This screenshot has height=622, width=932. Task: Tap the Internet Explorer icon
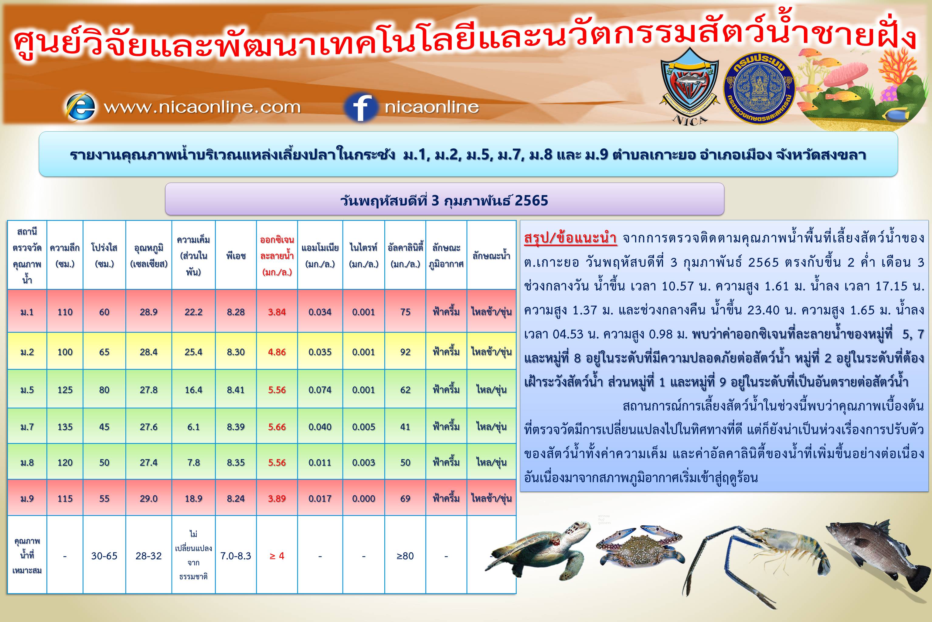(x=80, y=107)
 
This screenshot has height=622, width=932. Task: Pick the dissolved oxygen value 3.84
(x=277, y=312)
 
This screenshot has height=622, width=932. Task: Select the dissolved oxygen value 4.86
(x=277, y=352)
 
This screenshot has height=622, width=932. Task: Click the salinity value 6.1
(x=193, y=427)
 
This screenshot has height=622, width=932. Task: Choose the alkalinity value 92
(x=405, y=352)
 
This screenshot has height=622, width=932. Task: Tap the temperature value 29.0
(x=148, y=499)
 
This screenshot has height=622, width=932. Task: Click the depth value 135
(x=65, y=427)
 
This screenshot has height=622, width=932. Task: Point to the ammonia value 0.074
(x=320, y=390)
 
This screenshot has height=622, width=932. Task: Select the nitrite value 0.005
(x=363, y=427)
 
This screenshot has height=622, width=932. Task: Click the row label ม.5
(x=27, y=390)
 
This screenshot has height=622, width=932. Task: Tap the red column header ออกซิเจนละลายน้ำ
(x=277, y=256)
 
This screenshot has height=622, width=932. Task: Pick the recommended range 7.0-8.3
(x=236, y=556)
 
